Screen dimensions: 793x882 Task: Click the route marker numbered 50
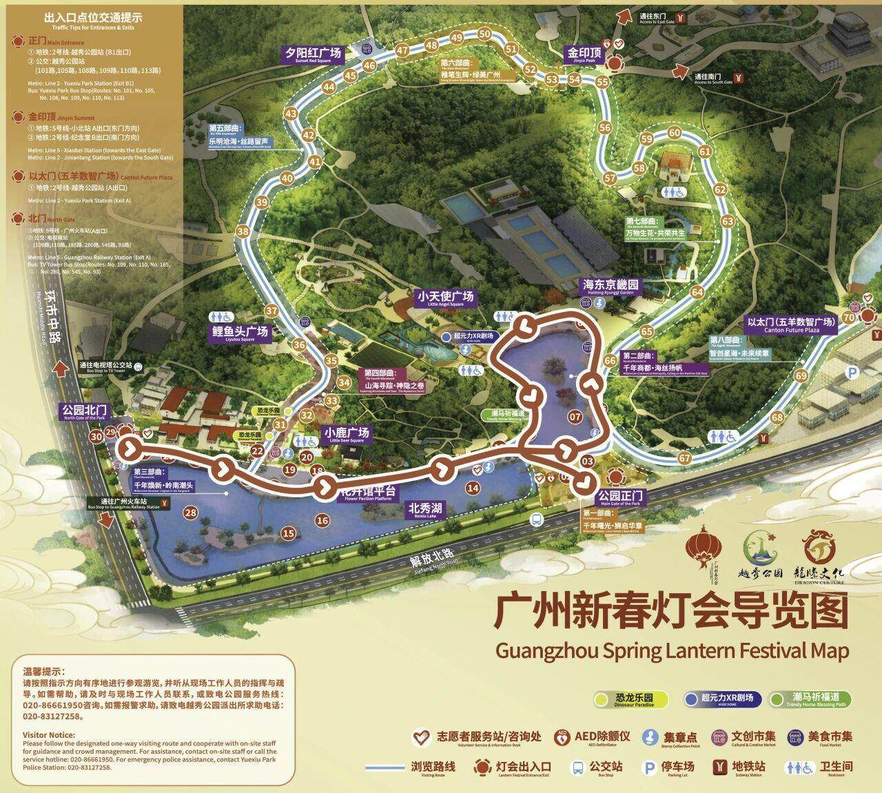click(484, 34)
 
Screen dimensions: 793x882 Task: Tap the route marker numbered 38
click(242, 231)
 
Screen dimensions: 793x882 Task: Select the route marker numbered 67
click(684, 458)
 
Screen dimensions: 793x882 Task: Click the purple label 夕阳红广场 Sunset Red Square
click(314, 54)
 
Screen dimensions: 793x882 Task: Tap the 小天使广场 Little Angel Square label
click(445, 298)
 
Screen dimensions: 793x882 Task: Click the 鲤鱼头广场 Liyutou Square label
click(240, 333)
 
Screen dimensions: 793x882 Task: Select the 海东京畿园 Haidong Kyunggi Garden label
click(611, 286)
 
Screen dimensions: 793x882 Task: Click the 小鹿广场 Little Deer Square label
click(347, 435)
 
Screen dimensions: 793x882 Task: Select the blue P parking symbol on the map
click(853, 373)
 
